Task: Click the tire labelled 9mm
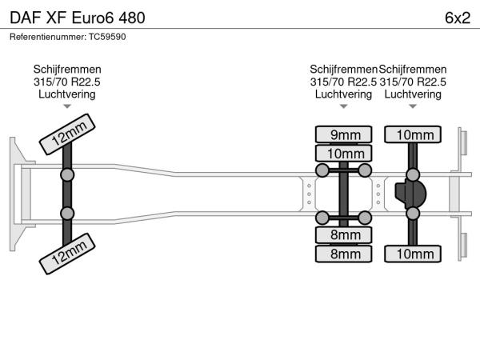pos(344,134)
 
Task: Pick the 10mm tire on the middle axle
pos(344,152)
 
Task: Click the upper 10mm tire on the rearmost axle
pos(413,134)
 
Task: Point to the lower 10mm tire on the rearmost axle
pos(413,254)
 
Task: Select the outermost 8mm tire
pos(344,254)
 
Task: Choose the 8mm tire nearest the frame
pos(344,235)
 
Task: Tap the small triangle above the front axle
pos(67,106)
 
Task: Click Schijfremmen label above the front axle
pos(67,70)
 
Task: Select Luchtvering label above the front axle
pos(67,94)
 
